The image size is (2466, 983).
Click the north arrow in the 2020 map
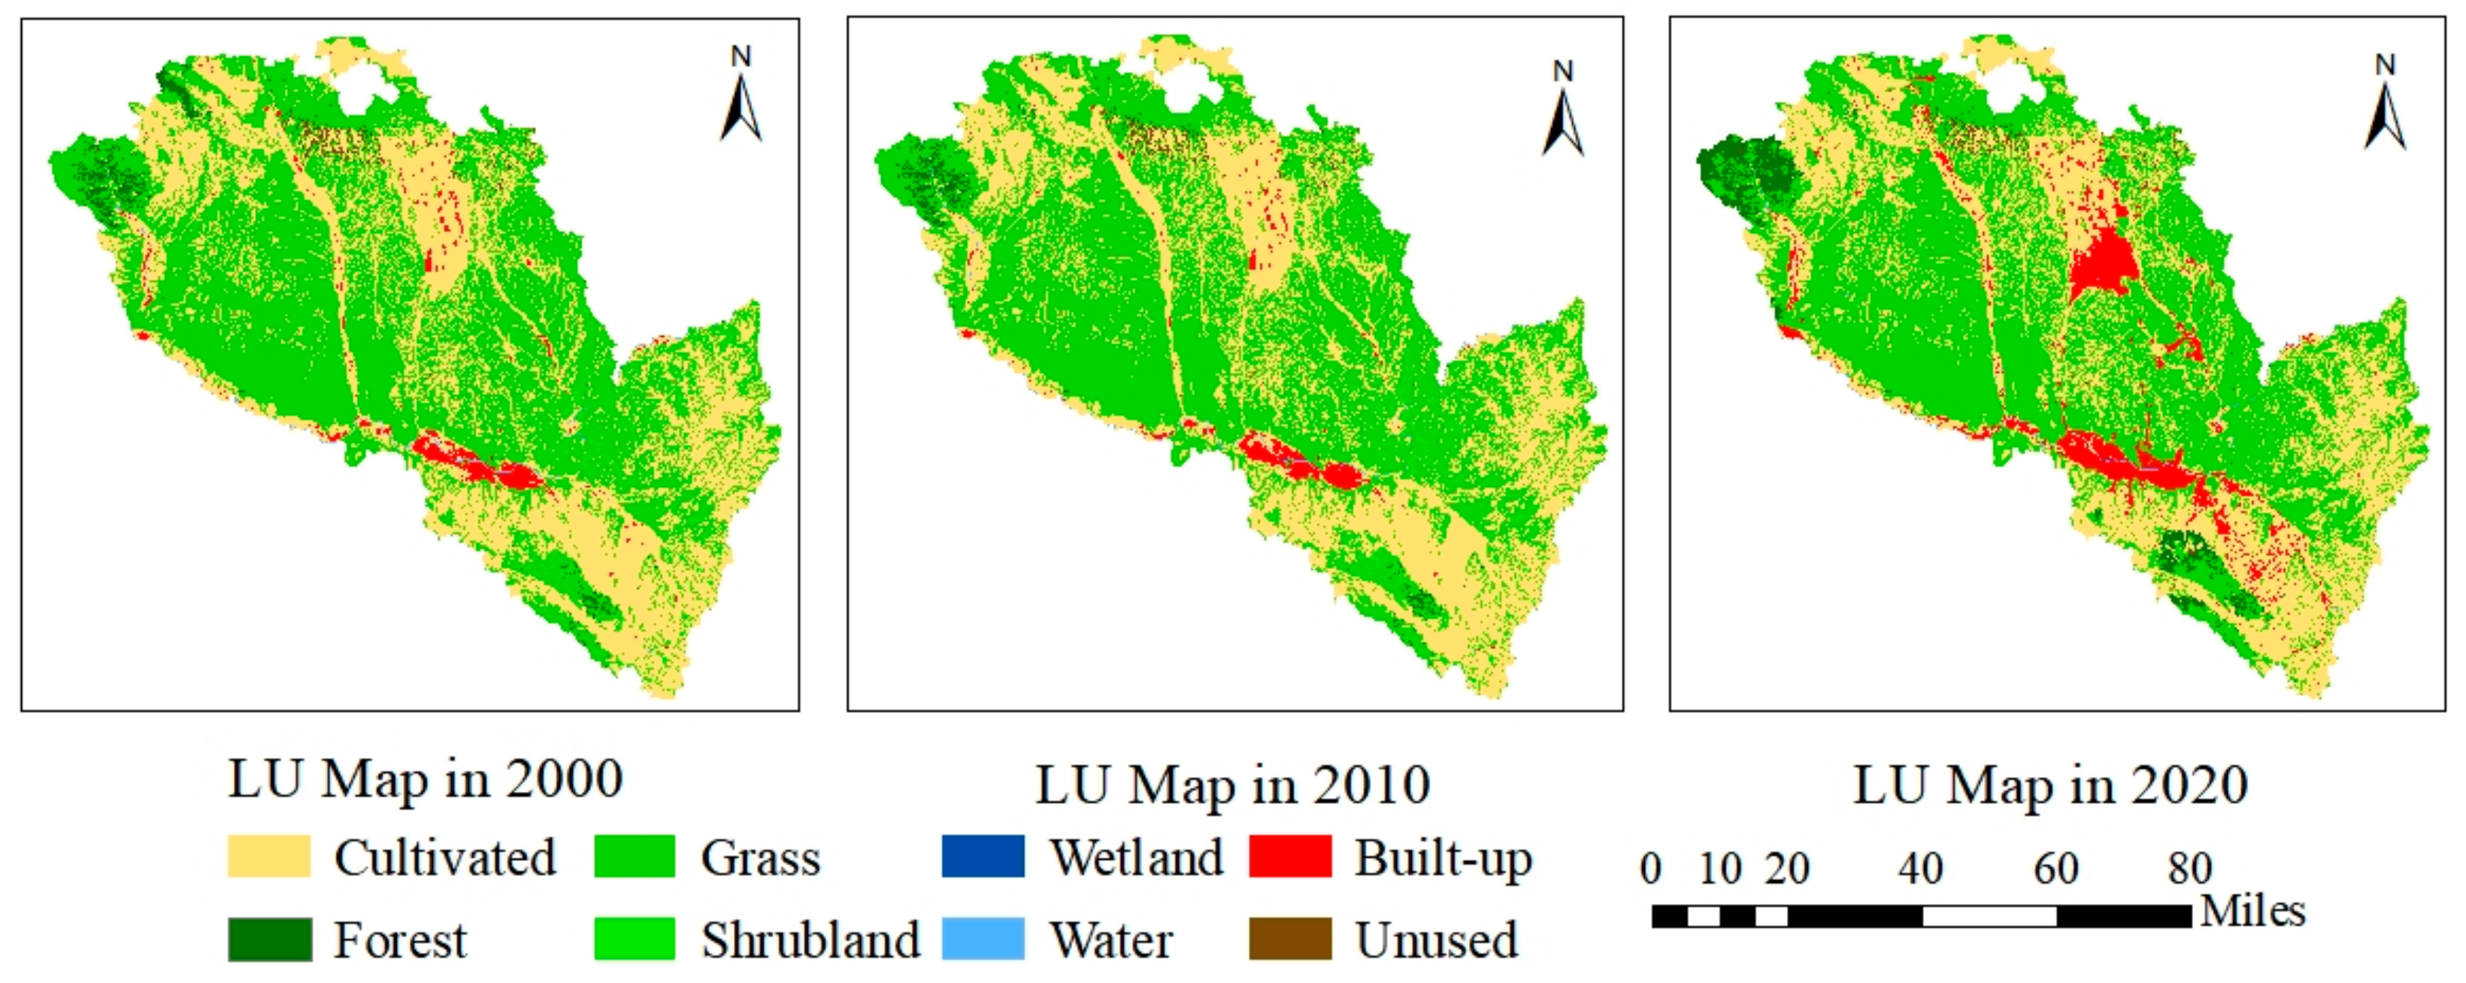[x=2385, y=108]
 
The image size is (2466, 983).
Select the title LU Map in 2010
[x=1233, y=786]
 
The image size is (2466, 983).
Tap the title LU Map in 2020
[x=2050, y=786]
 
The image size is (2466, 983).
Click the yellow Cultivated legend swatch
[x=269, y=857]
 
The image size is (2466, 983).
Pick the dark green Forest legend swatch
[x=269, y=939]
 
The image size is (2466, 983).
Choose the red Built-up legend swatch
[x=1290, y=857]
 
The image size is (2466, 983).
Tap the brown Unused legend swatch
[x=1290, y=939]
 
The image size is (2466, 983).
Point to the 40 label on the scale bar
[x=1921, y=869]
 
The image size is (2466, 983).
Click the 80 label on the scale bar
[x=2190, y=869]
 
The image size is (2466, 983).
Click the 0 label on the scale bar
[x=1650, y=869]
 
